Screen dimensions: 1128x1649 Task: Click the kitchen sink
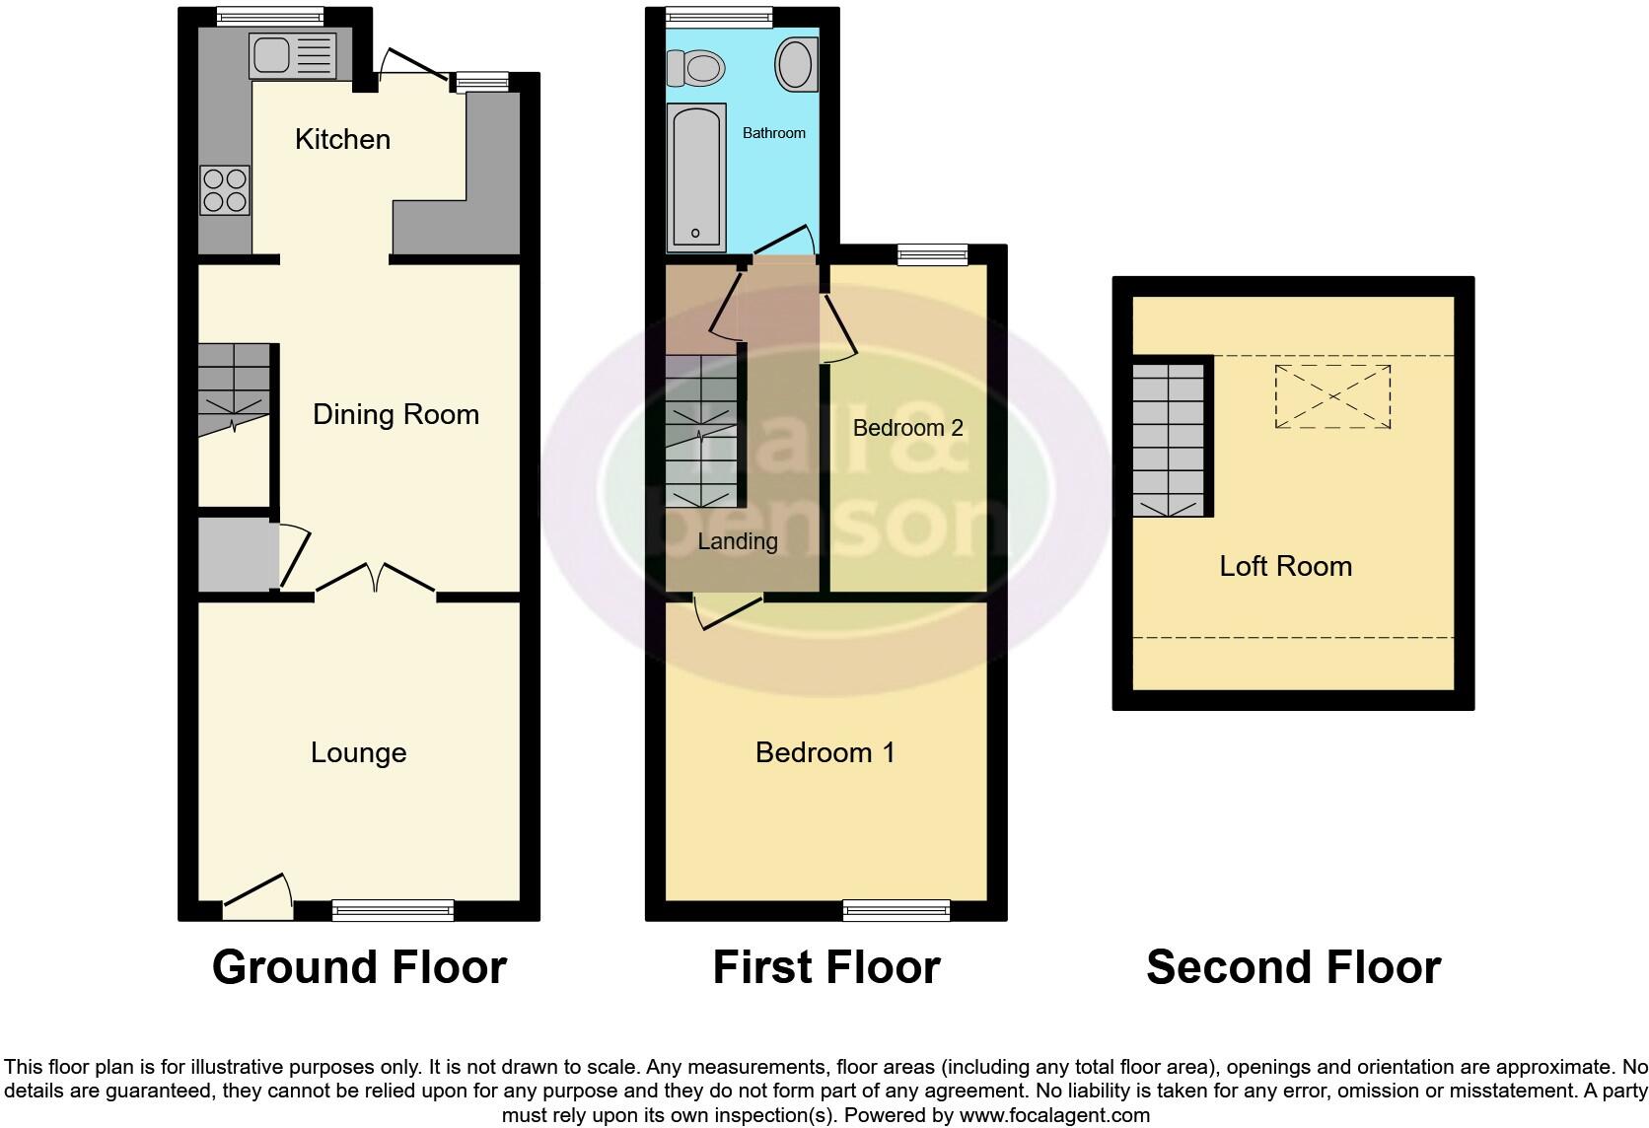point(293,55)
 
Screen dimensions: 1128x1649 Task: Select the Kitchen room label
point(342,139)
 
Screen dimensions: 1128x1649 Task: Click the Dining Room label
point(395,414)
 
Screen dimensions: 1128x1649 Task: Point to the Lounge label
point(358,752)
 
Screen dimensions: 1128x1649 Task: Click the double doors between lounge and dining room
point(376,581)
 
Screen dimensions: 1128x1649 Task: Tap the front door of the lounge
point(258,894)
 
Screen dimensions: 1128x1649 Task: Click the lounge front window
point(393,910)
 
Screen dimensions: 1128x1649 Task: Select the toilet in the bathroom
point(695,68)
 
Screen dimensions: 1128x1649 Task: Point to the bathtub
point(696,177)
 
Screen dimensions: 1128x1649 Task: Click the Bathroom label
point(773,133)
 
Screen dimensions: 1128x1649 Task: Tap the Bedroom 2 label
point(907,428)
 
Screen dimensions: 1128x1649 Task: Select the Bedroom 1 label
point(824,752)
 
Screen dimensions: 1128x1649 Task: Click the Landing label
point(737,541)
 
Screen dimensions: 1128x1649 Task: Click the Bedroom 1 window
point(896,910)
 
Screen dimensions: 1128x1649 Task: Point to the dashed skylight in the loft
point(1332,396)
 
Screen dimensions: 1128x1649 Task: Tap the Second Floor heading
point(1293,967)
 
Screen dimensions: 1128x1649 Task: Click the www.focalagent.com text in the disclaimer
point(1053,1115)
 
